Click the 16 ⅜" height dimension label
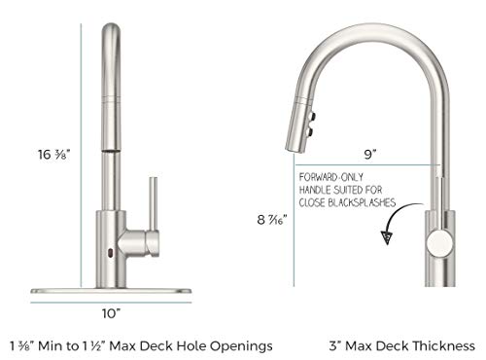[x=53, y=155]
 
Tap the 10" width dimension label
[x=111, y=313]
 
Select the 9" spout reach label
[x=369, y=154]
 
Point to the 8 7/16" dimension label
[x=272, y=220]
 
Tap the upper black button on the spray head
[x=313, y=116]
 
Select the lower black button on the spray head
[x=310, y=131]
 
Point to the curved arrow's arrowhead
[x=387, y=237]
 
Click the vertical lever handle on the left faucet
[x=154, y=204]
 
